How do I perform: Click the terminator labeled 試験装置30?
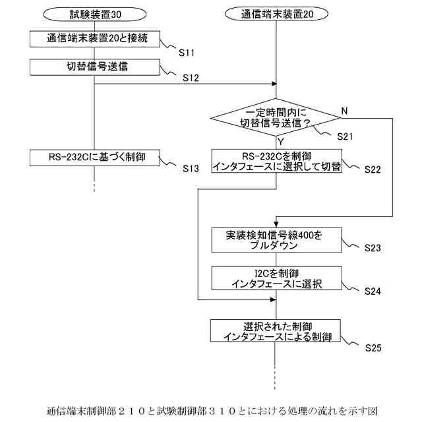95,13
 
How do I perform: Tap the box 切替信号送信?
95,66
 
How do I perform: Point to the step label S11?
189,51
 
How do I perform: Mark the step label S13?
191,169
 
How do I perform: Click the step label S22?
373,169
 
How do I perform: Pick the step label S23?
373,249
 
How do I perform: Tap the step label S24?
373,290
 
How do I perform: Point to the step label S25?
373,345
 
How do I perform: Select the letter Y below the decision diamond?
281,140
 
